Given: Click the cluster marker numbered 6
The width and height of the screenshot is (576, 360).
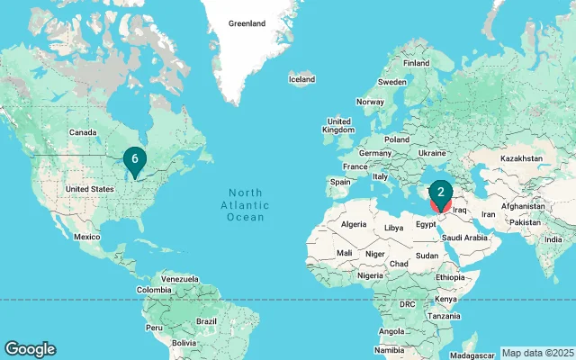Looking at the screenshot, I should click(x=134, y=159).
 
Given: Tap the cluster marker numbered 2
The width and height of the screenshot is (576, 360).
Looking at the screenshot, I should click(x=440, y=192).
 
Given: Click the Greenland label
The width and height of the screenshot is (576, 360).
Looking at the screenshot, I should click(x=247, y=22).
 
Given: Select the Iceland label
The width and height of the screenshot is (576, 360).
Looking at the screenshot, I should click(x=301, y=79).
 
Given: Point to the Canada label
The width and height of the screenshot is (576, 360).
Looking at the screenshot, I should click(x=83, y=132).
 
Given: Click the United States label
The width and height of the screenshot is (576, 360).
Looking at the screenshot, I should click(x=90, y=189).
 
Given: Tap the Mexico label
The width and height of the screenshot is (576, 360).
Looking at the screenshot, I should click(x=86, y=237).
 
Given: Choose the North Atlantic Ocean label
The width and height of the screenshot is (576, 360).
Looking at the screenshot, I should click(x=245, y=205).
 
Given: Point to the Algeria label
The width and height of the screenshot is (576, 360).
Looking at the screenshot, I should click(x=354, y=223).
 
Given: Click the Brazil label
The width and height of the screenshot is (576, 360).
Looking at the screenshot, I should click(x=208, y=321).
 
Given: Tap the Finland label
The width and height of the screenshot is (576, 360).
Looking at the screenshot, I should click(x=416, y=63).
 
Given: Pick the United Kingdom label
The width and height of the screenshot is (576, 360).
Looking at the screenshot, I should click(x=338, y=126).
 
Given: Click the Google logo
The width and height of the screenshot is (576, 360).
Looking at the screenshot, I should click(x=30, y=349).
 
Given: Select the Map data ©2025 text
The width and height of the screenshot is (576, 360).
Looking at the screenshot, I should click(x=536, y=353).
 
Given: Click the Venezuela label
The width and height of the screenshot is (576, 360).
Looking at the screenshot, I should click(x=179, y=280).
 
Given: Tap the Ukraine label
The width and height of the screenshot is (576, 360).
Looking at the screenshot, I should click(x=432, y=153).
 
